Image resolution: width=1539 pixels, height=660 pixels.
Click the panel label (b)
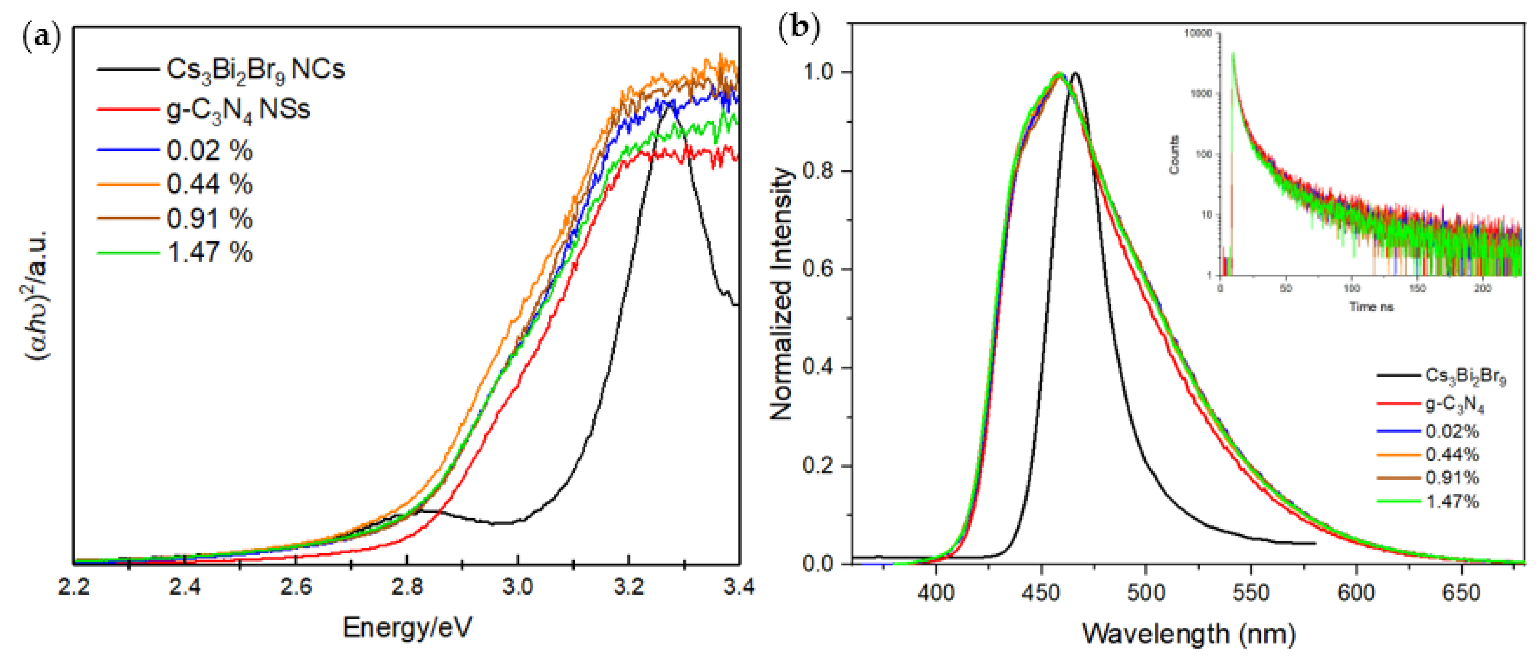798,27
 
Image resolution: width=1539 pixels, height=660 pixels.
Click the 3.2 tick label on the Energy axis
628,587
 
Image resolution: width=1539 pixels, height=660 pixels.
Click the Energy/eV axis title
408,628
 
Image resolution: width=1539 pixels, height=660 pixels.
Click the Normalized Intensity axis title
782,293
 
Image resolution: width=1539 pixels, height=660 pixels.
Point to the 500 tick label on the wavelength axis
1146,593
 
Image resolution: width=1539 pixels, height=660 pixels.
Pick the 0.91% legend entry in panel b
1452,478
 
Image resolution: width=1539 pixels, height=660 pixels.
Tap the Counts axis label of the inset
1174,155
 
